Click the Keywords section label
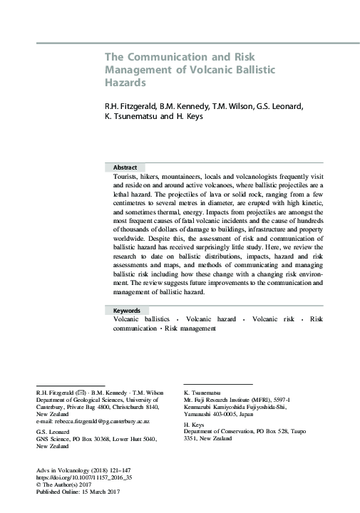128,311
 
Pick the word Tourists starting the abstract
126,175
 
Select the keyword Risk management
190,329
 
